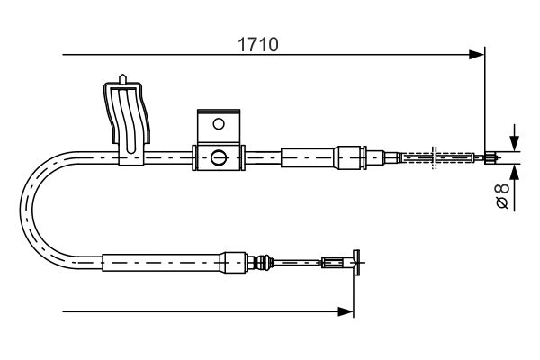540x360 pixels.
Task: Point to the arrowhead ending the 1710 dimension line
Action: (479, 56)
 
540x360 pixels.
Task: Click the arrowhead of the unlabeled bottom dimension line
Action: (346, 311)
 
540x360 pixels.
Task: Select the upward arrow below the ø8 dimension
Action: (513, 171)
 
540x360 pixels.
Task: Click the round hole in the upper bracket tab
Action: (217, 123)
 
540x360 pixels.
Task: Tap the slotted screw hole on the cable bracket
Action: (218, 158)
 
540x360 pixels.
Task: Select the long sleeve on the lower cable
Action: (162, 263)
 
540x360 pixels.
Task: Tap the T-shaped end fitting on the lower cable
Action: (356, 263)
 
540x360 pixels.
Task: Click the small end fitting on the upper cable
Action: (489, 158)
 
